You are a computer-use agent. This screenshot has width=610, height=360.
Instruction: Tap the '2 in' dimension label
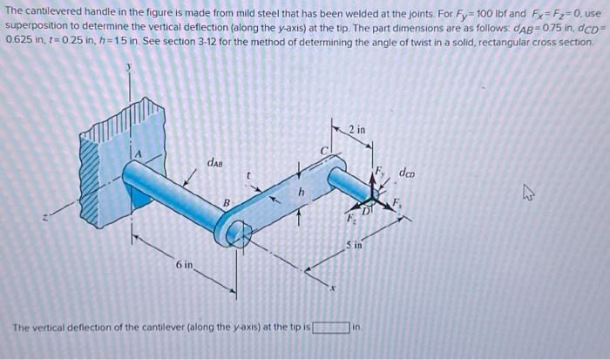pos(356,130)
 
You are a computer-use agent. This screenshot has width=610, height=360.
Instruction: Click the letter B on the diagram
pos(225,206)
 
